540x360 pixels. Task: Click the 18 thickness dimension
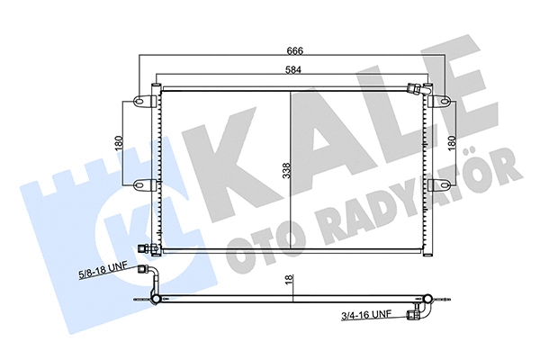coord(288,282)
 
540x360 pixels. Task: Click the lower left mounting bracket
coord(141,184)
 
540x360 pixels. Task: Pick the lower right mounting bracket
coord(440,184)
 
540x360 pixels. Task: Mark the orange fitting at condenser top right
coord(415,89)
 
